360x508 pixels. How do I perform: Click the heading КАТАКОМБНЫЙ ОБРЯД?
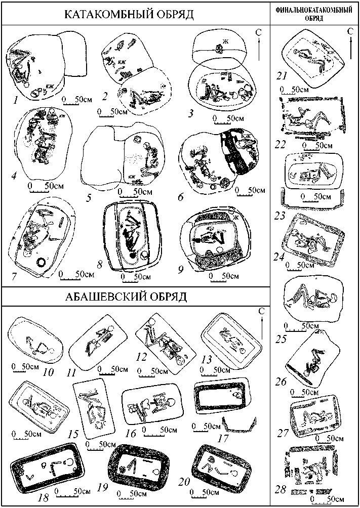click(x=129, y=15)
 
